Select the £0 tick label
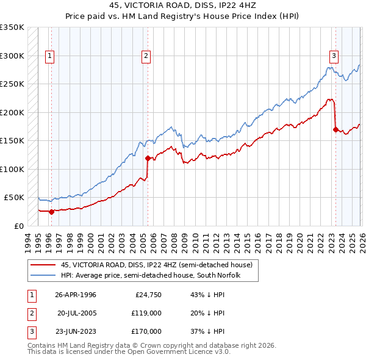[x=18, y=226]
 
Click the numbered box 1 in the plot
[x=49, y=56]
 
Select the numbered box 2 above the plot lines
[x=146, y=56]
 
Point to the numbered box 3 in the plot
[x=334, y=56]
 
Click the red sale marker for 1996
[x=51, y=212]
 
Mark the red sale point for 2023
[x=335, y=129]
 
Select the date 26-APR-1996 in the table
[x=76, y=295]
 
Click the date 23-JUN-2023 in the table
[x=76, y=331]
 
